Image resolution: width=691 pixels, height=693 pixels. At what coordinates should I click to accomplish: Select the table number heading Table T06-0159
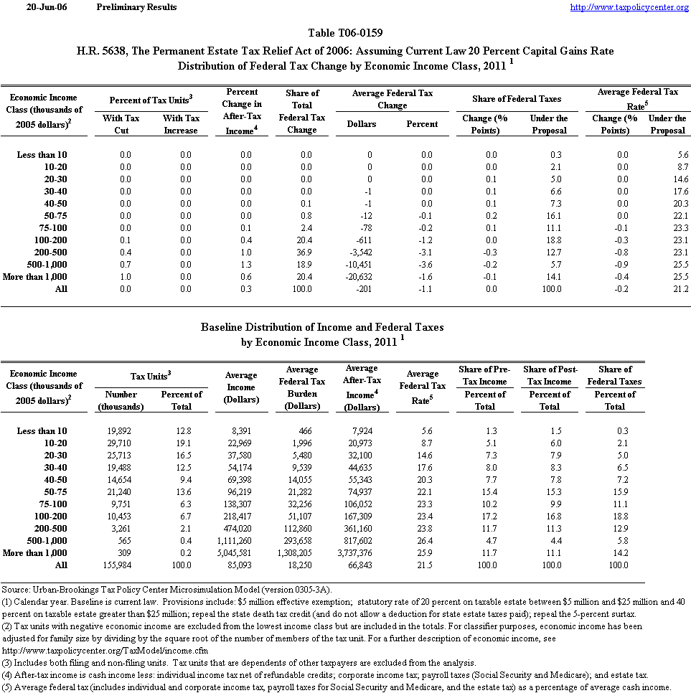click(345, 33)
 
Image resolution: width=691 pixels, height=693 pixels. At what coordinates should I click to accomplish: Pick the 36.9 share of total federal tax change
click(302, 253)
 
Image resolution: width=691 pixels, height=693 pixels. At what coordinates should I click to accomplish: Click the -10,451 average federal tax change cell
click(358, 265)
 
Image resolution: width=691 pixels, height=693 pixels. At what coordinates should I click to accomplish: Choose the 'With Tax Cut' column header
click(121, 124)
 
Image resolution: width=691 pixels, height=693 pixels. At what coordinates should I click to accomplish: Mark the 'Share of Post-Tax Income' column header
click(550, 375)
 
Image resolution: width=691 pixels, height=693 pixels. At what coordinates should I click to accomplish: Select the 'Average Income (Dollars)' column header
click(241, 387)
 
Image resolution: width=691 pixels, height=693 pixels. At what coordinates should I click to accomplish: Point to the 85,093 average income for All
click(243, 565)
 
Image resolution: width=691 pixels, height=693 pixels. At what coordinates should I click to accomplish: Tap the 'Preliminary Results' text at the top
click(136, 7)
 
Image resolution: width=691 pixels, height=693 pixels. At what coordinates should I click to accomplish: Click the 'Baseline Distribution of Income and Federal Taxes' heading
click(321, 327)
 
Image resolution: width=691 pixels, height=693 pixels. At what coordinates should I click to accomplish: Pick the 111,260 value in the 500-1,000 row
click(238, 541)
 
